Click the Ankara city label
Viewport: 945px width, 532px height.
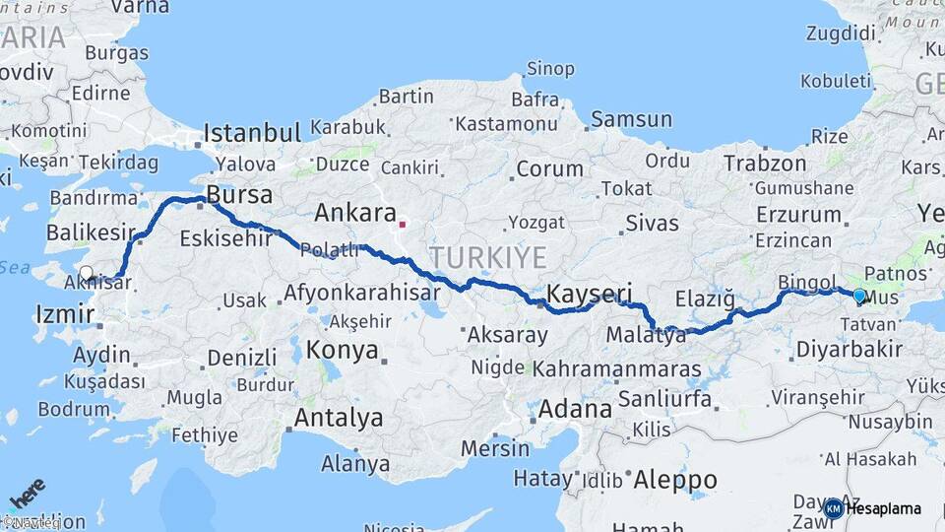(x=354, y=213)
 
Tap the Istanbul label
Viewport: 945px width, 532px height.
(x=251, y=133)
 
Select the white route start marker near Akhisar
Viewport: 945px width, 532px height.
(x=87, y=274)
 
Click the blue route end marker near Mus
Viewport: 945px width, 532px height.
(x=859, y=296)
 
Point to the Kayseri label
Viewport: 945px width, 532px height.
(x=589, y=294)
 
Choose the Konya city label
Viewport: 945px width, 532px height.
(x=343, y=350)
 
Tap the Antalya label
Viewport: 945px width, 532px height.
(x=339, y=418)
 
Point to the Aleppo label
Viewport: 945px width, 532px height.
(x=674, y=480)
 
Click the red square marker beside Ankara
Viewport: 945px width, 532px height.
(x=402, y=224)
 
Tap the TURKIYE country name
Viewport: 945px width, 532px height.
(x=487, y=258)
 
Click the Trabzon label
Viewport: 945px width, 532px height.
(x=765, y=164)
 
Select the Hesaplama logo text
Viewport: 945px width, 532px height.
(x=883, y=508)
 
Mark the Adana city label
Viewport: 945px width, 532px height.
(x=575, y=408)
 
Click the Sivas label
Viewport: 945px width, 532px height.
(x=653, y=223)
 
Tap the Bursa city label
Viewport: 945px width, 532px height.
(x=239, y=195)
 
